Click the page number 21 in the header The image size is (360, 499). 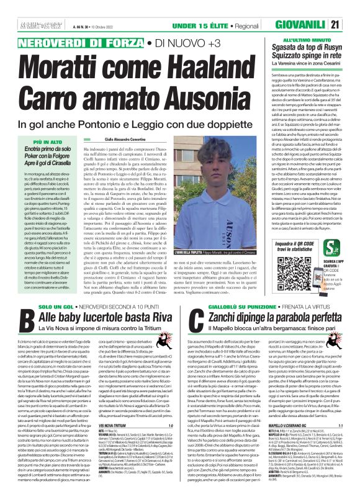(352, 24)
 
